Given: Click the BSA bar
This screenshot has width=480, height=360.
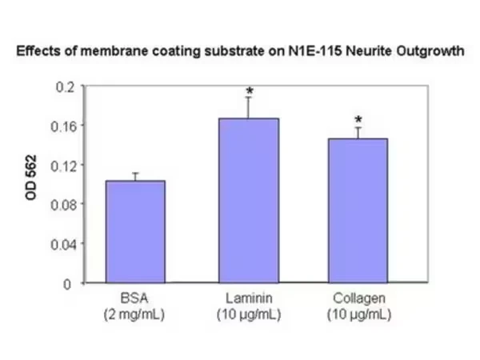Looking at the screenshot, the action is pyautogui.click(x=135, y=231).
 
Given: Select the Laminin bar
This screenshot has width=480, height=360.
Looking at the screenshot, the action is pyautogui.click(x=249, y=200).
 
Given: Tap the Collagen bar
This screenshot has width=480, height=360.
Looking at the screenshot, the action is pyautogui.click(x=358, y=210).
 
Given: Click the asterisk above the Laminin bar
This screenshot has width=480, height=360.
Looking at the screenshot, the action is pyautogui.click(x=250, y=91).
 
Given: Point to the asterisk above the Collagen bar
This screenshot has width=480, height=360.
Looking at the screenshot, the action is pyautogui.click(x=358, y=120).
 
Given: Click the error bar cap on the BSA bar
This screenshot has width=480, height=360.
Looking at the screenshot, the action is pyautogui.click(x=135, y=174).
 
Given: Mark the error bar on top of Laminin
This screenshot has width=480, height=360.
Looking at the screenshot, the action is pyautogui.click(x=248, y=107).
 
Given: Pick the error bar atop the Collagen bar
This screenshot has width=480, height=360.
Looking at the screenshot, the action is pyautogui.click(x=358, y=133).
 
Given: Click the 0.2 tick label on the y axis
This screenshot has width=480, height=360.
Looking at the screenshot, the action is pyautogui.click(x=66, y=87).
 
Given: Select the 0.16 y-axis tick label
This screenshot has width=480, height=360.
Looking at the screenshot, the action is pyautogui.click(x=62, y=126).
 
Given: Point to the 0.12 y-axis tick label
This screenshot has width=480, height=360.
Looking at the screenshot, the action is pyautogui.click(x=62, y=166).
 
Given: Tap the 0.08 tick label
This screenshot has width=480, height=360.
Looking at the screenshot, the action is pyautogui.click(x=62, y=205).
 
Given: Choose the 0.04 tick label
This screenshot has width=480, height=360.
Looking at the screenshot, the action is pyautogui.click(x=62, y=244).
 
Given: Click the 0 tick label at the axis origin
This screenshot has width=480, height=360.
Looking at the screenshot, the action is pyautogui.click(x=67, y=284).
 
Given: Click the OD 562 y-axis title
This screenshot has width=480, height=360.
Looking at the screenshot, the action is pyautogui.click(x=31, y=178).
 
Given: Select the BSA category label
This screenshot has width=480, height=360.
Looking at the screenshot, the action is pyautogui.click(x=134, y=298).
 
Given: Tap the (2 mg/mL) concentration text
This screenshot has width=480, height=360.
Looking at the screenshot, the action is pyautogui.click(x=134, y=314).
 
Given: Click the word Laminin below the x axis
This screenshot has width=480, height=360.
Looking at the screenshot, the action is pyautogui.click(x=249, y=298).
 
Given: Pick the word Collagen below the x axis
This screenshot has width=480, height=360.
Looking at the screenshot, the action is pyautogui.click(x=359, y=298).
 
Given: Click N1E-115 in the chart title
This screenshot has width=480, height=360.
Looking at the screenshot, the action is pyautogui.click(x=315, y=51).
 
